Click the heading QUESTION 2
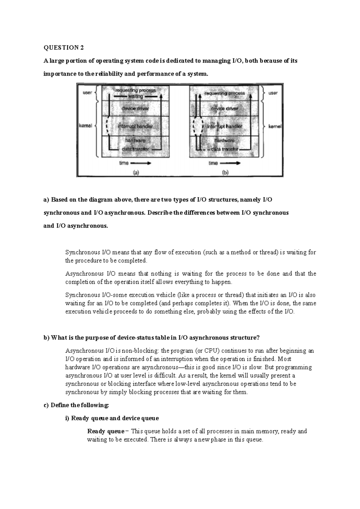[64, 48]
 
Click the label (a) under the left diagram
[136, 173]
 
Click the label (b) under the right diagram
[225, 173]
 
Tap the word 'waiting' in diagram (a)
[136, 97]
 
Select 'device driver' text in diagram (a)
[135, 109]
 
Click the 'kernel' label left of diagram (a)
[85, 126]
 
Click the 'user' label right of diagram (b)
[273, 93]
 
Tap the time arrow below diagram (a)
[140, 163]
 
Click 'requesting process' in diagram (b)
[224, 93]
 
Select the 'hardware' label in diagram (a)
[135, 140]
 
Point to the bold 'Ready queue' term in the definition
[105, 431]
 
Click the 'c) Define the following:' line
[76, 405]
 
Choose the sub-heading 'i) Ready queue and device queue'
[112, 418]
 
